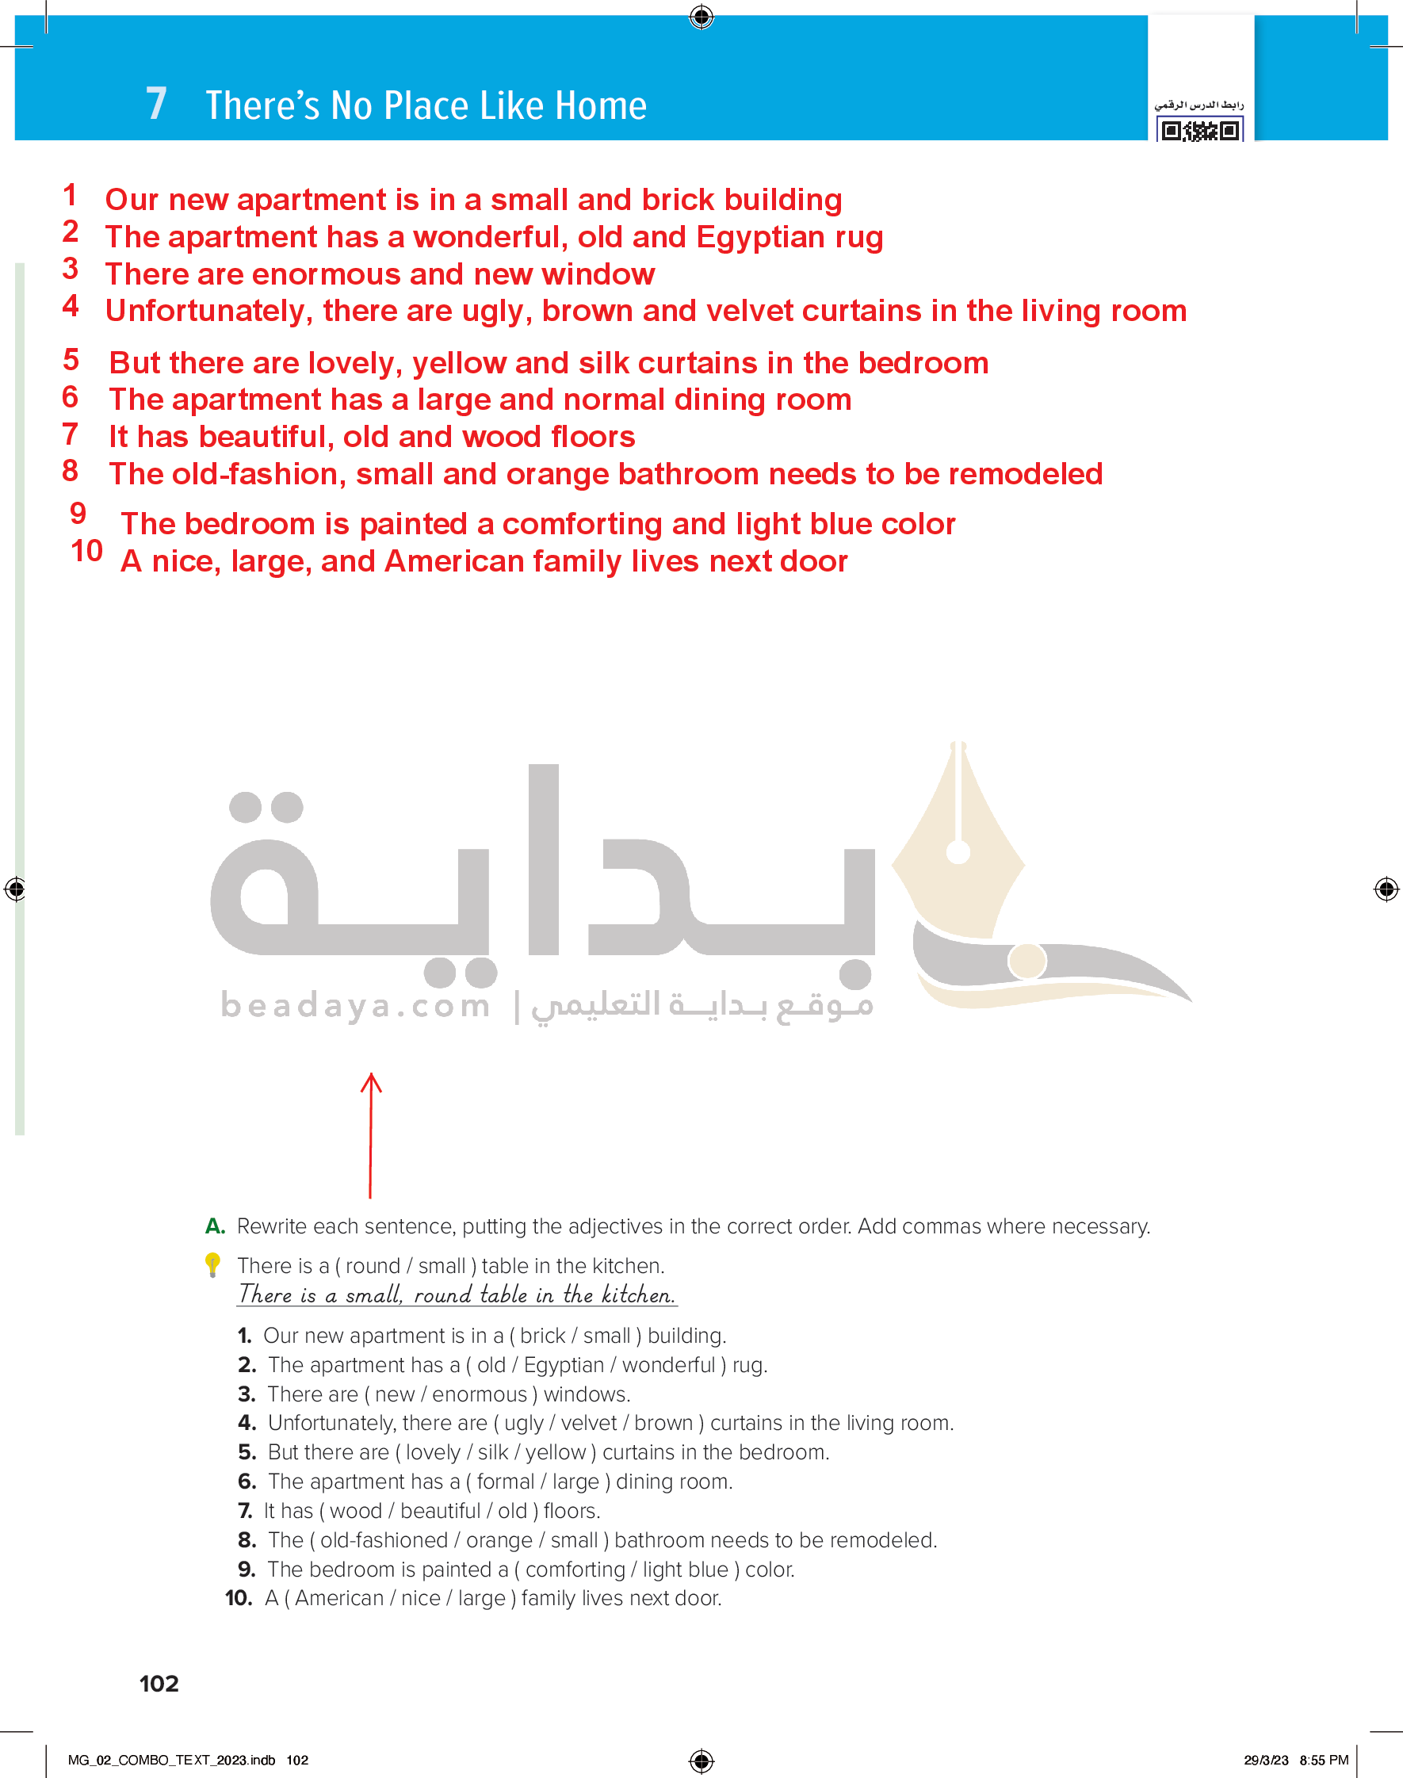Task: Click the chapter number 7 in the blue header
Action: (156, 105)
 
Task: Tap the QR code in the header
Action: (1199, 130)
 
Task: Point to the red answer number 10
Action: (86, 551)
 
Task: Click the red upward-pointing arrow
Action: (370, 1134)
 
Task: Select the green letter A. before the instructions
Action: (214, 1226)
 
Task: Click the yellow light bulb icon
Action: (212, 1264)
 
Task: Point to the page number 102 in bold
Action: (159, 1684)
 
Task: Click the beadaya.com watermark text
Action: (355, 1004)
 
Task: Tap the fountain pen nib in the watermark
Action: (958, 838)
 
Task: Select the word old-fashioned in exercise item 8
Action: (384, 1540)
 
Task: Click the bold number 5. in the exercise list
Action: (247, 1452)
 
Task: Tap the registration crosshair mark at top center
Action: (701, 17)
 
